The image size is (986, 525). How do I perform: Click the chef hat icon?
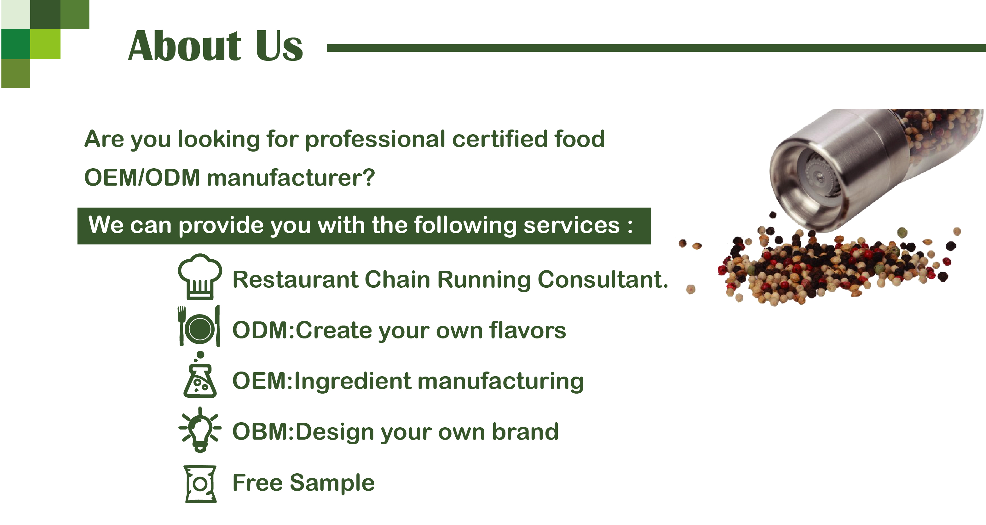[x=200, y=276]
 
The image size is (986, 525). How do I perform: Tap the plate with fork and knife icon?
[x=199, y=326]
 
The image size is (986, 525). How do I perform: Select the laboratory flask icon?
[x=200, y=375]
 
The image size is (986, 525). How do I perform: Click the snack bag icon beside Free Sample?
[x=200, y=484]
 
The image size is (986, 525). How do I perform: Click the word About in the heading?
[x=184, y=46]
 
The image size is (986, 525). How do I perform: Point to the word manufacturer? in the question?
[x=291, y=178]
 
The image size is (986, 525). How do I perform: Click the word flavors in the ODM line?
[x=528, y=330]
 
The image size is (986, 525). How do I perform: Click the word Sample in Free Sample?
[x=332, y=483]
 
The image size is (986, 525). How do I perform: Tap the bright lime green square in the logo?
[x=45, y=44]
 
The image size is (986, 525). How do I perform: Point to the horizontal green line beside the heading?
[x=656, y=48]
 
